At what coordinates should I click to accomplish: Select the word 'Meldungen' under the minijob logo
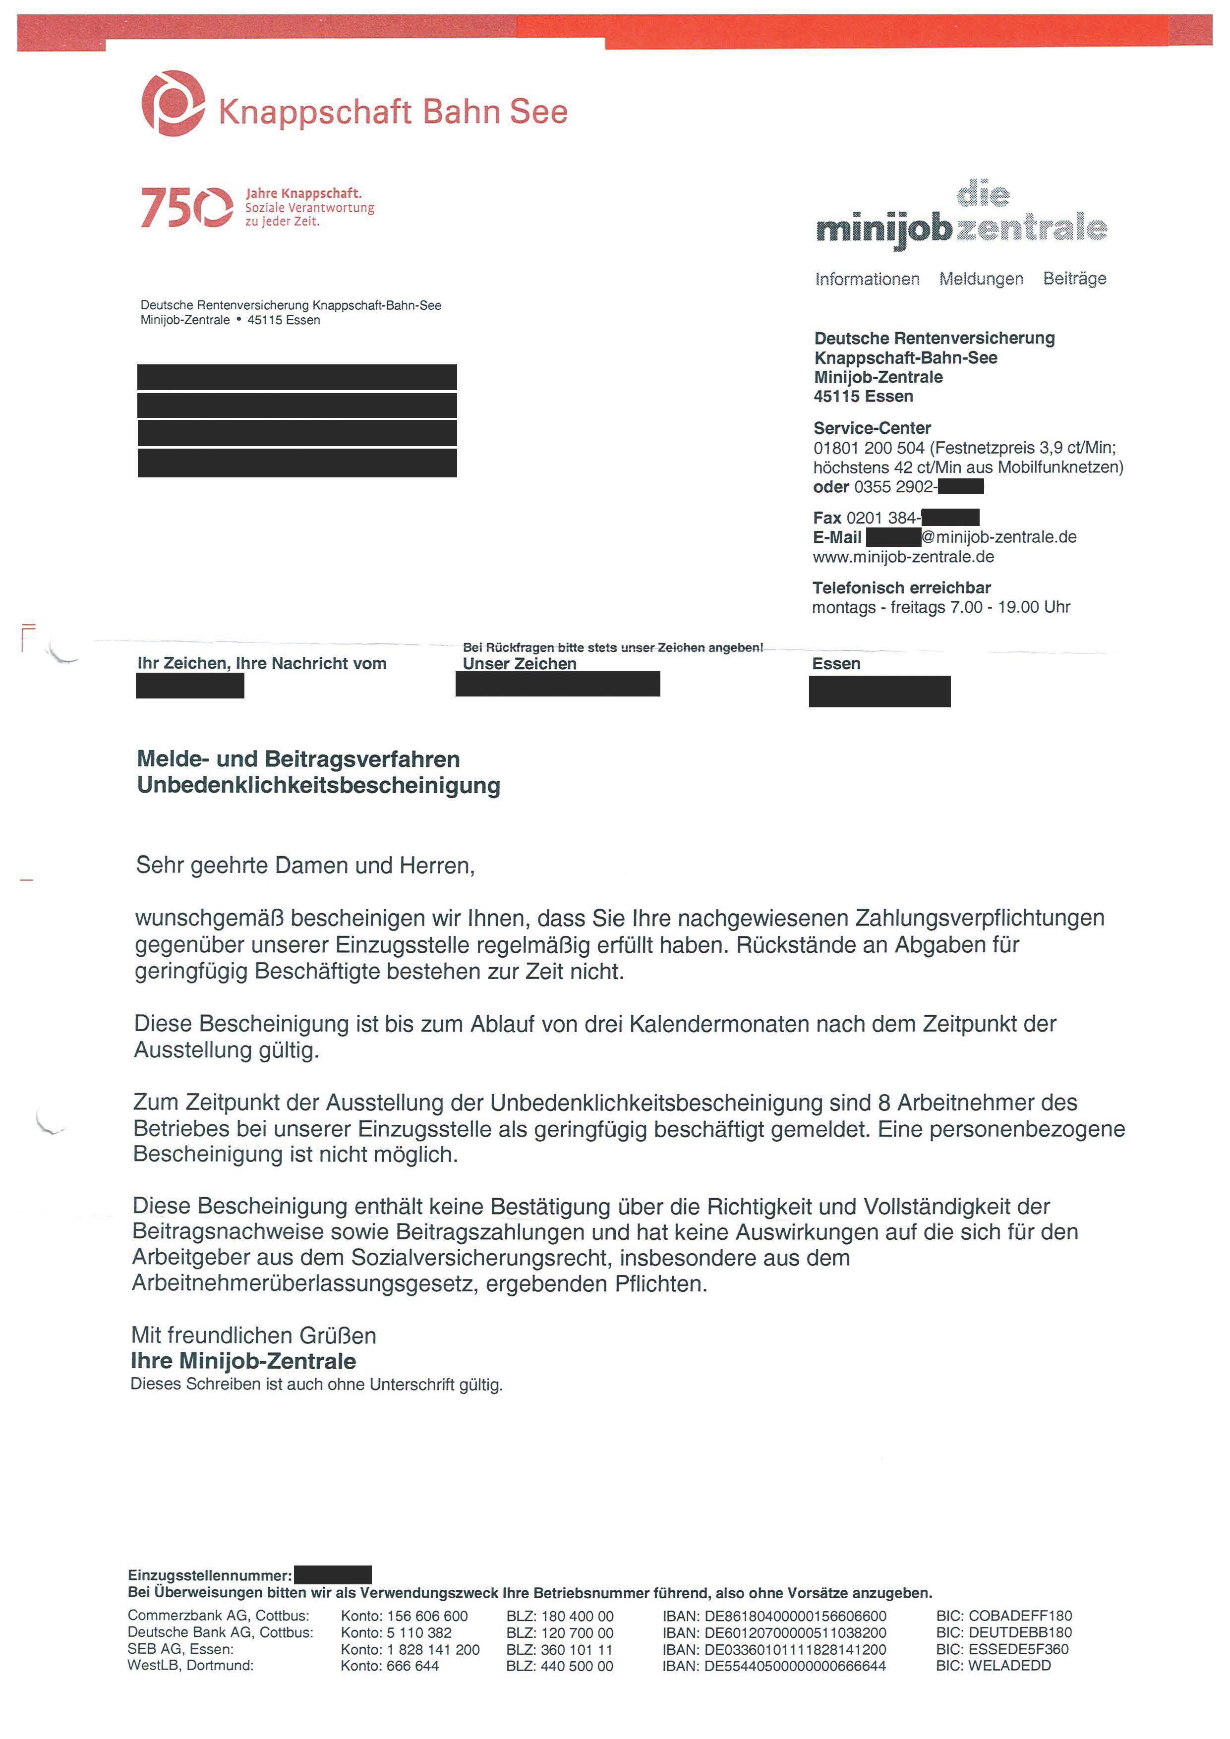[981, 280]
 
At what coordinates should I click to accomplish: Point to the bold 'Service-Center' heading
[872, 428]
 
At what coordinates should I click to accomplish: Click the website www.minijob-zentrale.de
[903, 558]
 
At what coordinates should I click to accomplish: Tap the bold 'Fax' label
[827, 518]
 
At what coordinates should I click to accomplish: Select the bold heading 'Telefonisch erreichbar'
[901, 588]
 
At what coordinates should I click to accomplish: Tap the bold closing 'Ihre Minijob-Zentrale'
[243, 1361]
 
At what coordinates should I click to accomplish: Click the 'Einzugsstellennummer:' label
[210, 1575]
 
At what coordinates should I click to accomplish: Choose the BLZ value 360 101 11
[560, 1650]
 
